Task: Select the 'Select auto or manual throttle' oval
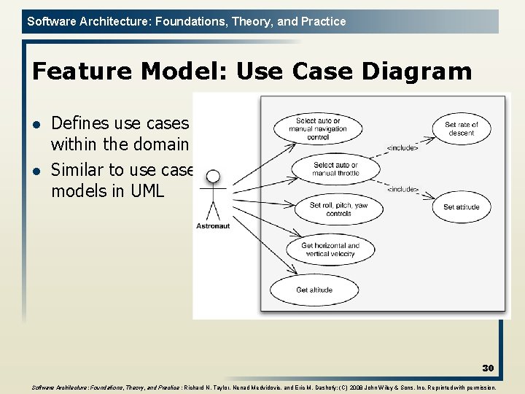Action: click(x=335, y=169)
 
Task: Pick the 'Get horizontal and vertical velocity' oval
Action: click(x=330, y=250)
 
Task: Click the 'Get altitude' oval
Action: click(x=314, y=290)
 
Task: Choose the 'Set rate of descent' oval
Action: click(x=461, y=128)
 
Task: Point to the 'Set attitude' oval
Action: click(x=461, y=207)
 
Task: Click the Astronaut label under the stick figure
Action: click(x=213, y=226)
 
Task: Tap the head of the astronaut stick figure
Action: click(x=213, y=177)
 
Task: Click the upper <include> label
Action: click(x=402, y=148)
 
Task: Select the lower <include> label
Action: click(x=402, y=190)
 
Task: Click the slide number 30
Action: click(x=487, y=368)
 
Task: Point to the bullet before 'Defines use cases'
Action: click(x=37, y=124)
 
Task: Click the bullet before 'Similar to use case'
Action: click(x=37, y=171)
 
